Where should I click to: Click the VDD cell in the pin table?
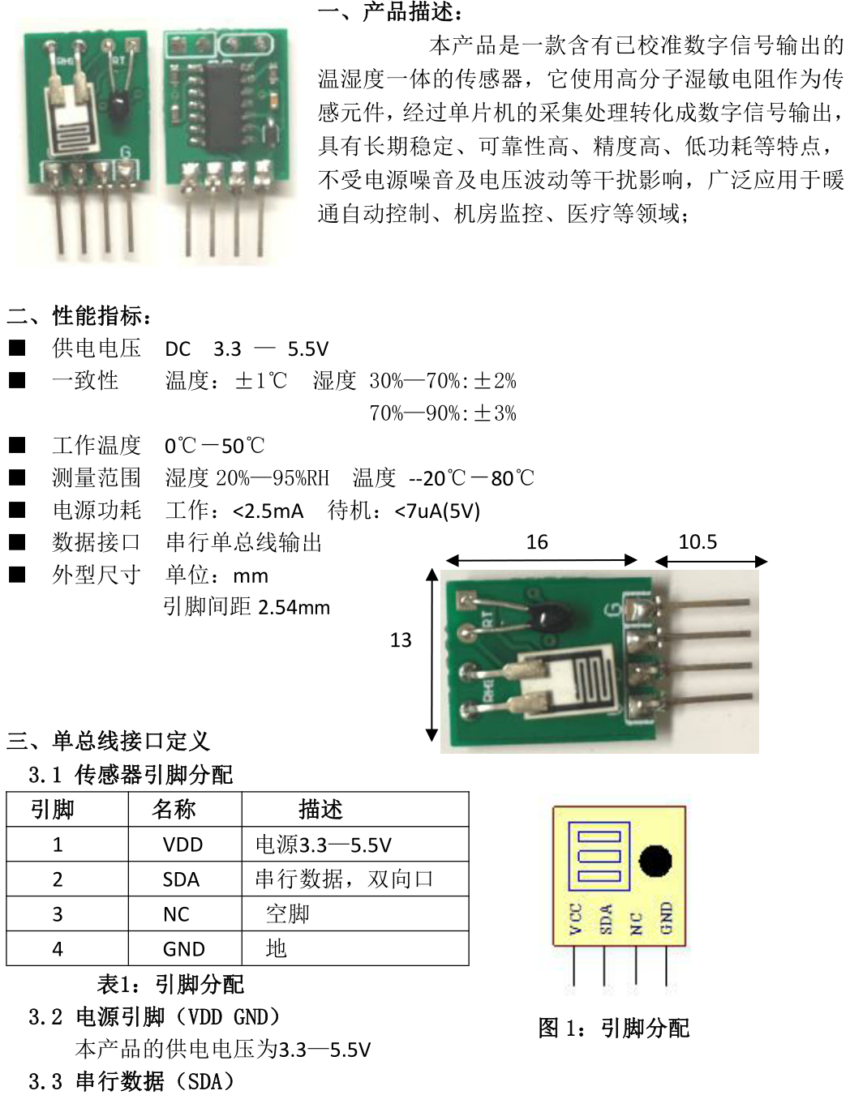182,845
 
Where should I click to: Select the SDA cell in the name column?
181,880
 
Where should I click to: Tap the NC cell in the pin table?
176,914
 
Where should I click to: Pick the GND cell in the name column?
183,949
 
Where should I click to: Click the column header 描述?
320,809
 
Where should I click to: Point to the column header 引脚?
53,809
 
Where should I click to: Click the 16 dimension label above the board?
537,542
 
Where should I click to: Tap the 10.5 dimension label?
698,541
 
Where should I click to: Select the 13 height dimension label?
401,640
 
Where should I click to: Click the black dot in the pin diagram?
655,862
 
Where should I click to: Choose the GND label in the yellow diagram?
666,918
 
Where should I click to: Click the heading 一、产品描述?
389,12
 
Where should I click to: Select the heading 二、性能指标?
79,316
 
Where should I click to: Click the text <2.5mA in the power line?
268,511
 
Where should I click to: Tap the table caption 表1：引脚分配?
170,984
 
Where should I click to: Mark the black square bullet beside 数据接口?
17,542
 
